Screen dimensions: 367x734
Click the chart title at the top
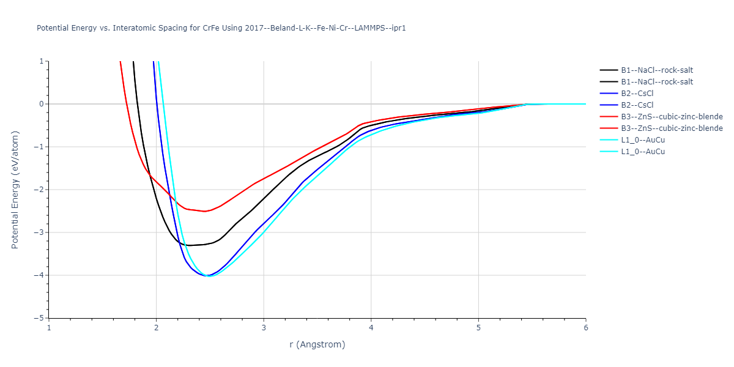tap(221, 28)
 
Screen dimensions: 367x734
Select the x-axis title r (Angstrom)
tap(317, 344)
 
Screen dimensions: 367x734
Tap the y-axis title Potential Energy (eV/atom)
tap(15, 190)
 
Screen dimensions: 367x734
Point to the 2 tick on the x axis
tap(156, 327)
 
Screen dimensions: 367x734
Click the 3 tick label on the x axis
tap(264, 327)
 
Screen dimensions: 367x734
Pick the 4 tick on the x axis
tap(371, 327)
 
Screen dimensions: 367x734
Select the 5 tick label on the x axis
tap(478, 327)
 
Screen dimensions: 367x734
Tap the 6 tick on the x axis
tap(585, 327)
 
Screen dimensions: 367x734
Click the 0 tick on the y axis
tap(42, 104)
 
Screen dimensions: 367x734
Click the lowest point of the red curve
tap(205, 211)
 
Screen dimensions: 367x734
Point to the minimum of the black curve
tap(188, 245)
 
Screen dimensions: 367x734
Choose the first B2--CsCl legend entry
tap(642, 94)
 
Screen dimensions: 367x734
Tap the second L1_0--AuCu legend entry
tap(643, 152)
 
